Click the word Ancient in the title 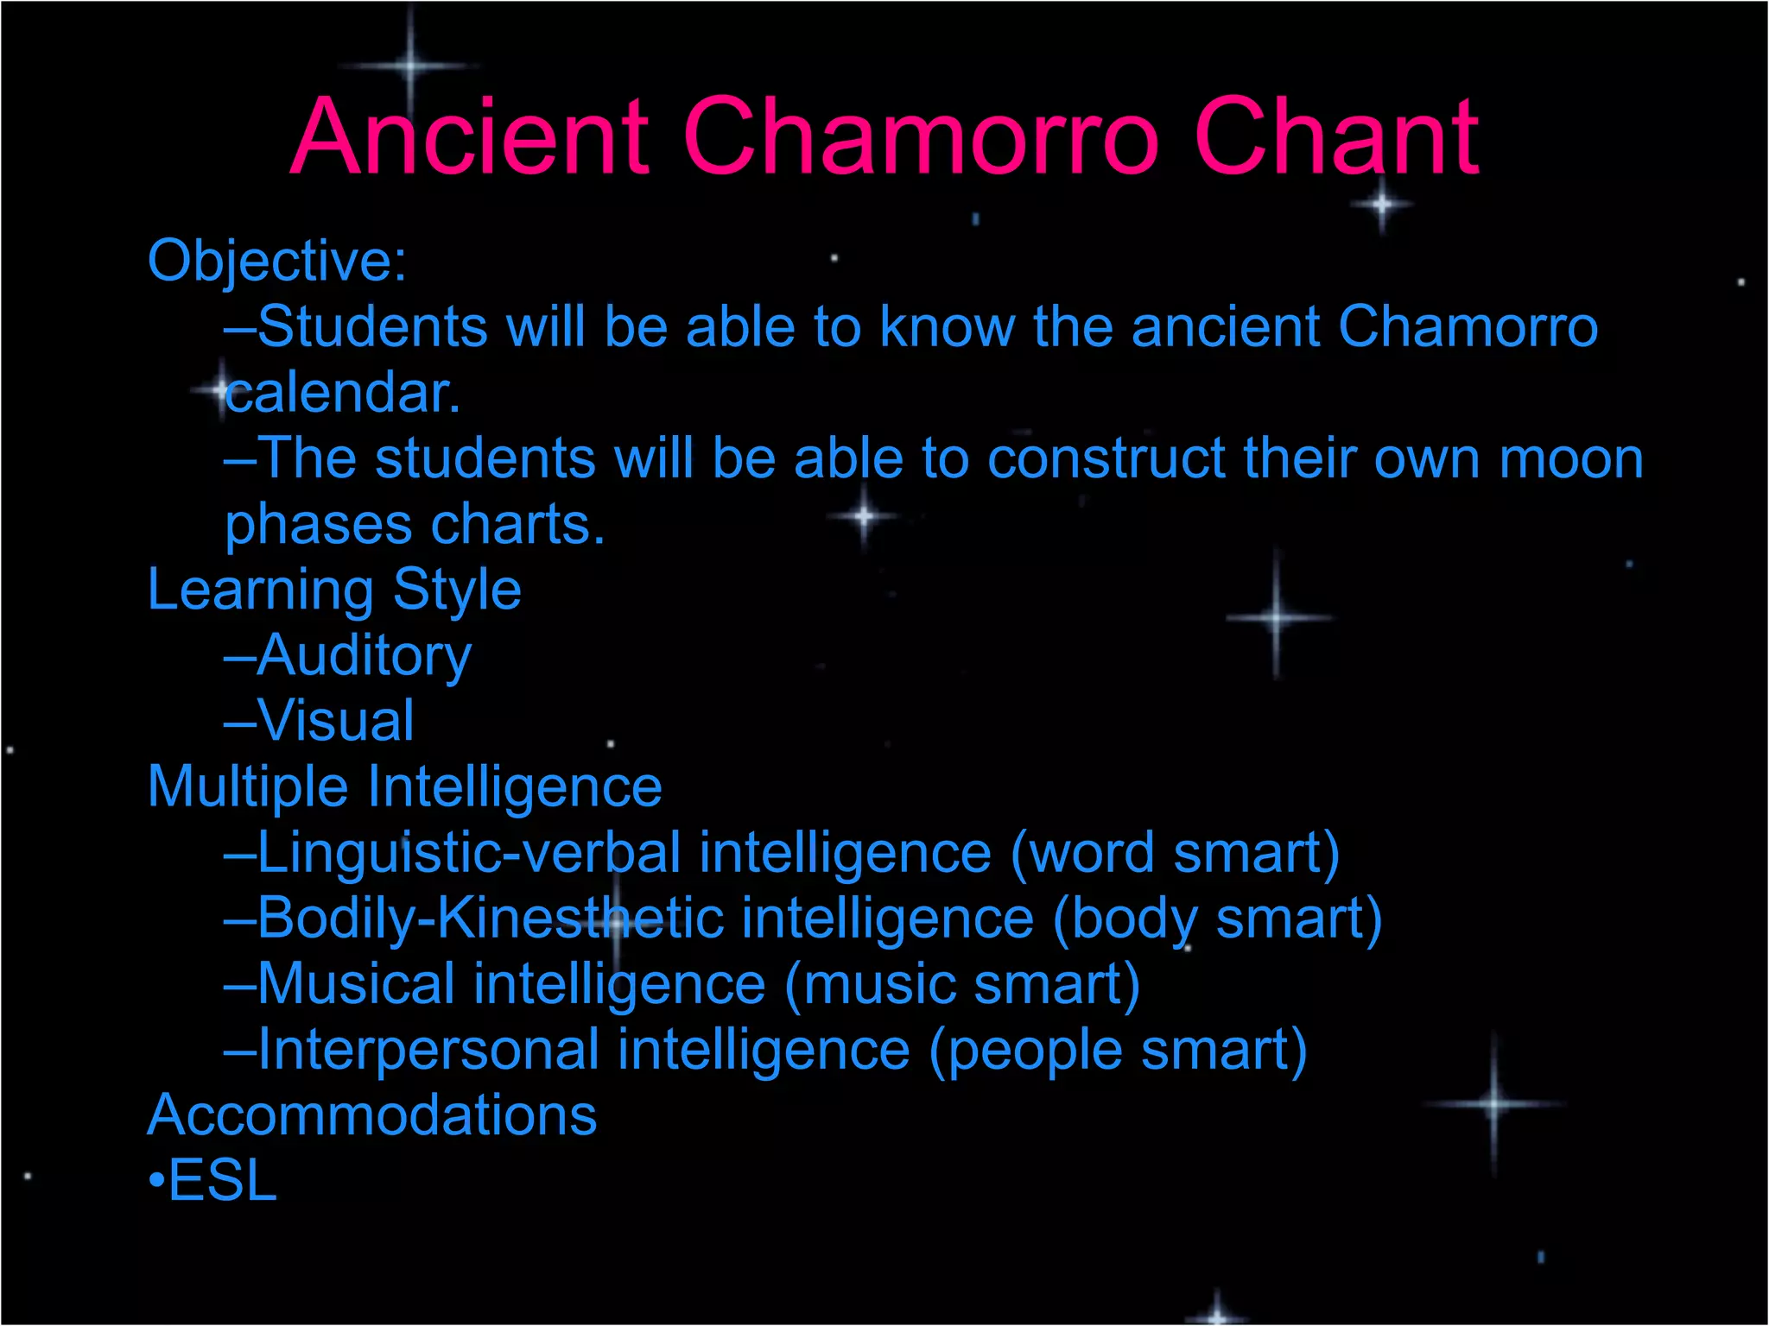click(x=469, y=138)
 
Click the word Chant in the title click(x=1337, y=138)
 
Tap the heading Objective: click(x=276, y=261)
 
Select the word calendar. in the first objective click(x=342, y=394)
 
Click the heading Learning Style click(x=334, y=590)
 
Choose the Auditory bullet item click(x=363, y=656)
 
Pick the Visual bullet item click(x=335, y=722)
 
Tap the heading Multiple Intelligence click(x=404, y=787)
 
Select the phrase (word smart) click(x=1175, y=853)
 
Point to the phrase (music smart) click(x=962, y=984)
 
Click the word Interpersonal click(x=428, y=1050)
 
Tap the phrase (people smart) click(x=1118, y=1050)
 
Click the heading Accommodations click(x=372, y=1115)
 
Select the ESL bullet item click(x=221, y=1181)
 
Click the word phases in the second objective click(x=318, y=525)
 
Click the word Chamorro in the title click(x=920, y=138)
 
